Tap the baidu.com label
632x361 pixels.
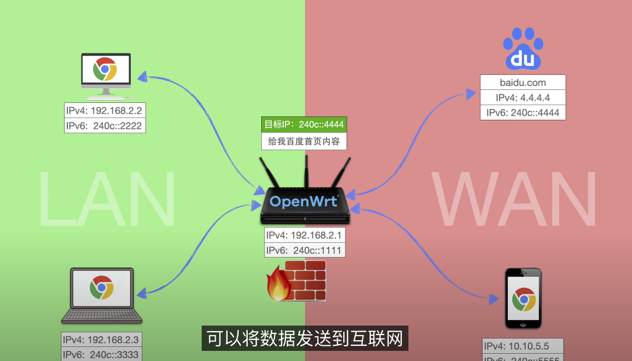pos(522,83)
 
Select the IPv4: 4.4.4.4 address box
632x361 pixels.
pos(522,97)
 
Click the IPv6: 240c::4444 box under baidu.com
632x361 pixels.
pos(522,112)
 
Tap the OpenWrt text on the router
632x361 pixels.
pos(304,201)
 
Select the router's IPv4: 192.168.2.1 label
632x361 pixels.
pos(304,236)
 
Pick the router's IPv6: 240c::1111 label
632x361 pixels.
pos(304,250)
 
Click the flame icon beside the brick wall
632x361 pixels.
pos(278,284)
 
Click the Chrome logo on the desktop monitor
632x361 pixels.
pos(105,70)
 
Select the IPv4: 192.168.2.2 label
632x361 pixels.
pos(104,110)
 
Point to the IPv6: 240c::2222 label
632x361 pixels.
pos(104,125)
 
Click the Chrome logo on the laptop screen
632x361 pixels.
pos(102,287)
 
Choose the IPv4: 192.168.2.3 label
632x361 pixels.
pos(101,340)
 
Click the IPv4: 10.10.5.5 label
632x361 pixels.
pos(522,346)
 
